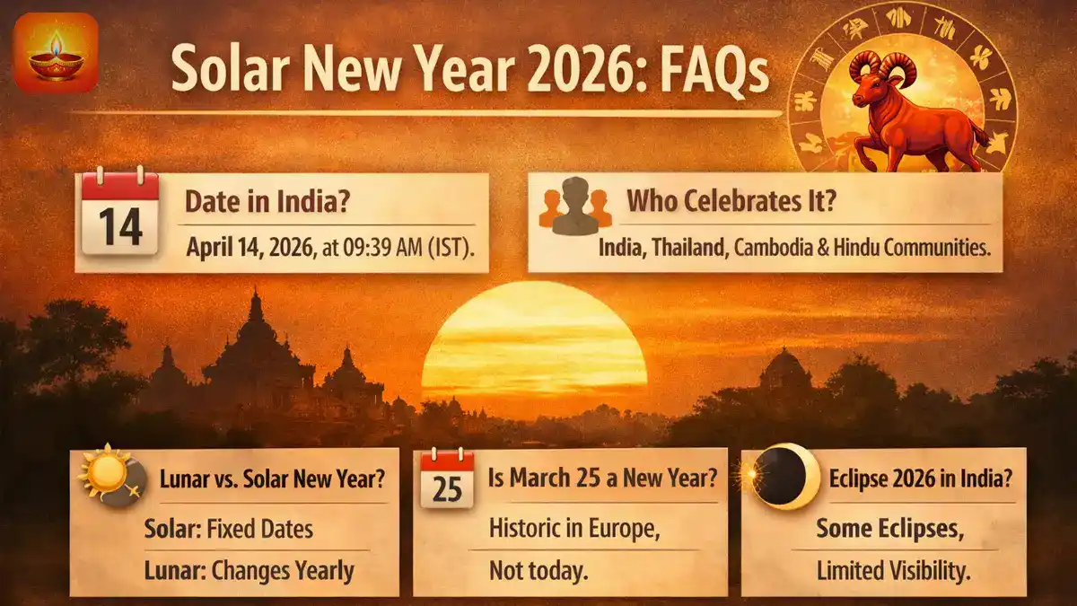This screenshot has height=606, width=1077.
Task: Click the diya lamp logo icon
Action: tap(57, 53)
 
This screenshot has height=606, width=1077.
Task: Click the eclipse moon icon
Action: tap(786, 478)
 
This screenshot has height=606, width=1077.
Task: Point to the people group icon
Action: tap(575, 206)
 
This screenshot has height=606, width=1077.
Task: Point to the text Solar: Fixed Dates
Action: tap(229, 529)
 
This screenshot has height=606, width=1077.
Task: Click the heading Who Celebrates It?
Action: tap(731, 201)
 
